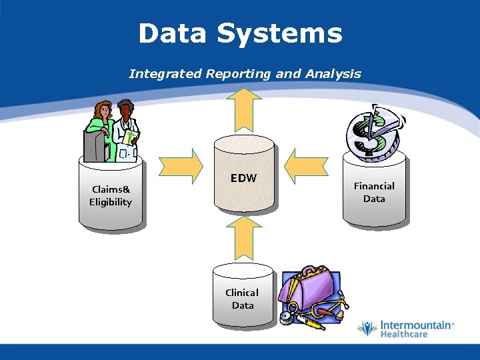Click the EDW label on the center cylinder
[x=243, y=178]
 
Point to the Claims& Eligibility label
[x=111, y=195]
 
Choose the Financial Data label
[x=374, y=192]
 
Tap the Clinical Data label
[x=242, y=299]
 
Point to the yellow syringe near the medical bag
[x=307, y=321]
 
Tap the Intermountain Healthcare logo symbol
[x=367, y=328]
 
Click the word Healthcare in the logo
[x=403, y=334]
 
